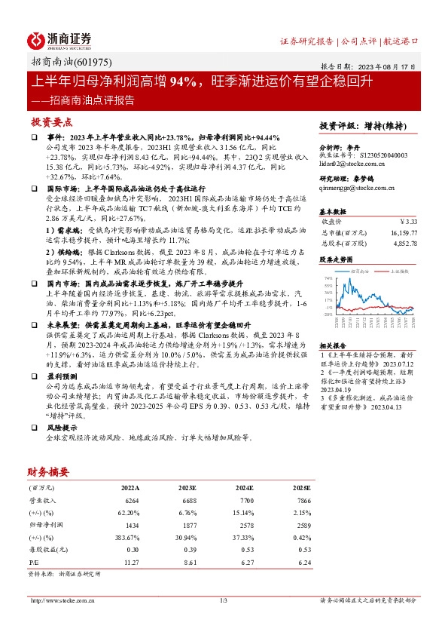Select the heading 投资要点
(x=52, y=121)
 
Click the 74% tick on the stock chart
(x=329, y=278)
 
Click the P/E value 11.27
(x=131, y=562)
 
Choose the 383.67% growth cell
(x=129, y=535)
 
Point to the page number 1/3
(x=223, y=600)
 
